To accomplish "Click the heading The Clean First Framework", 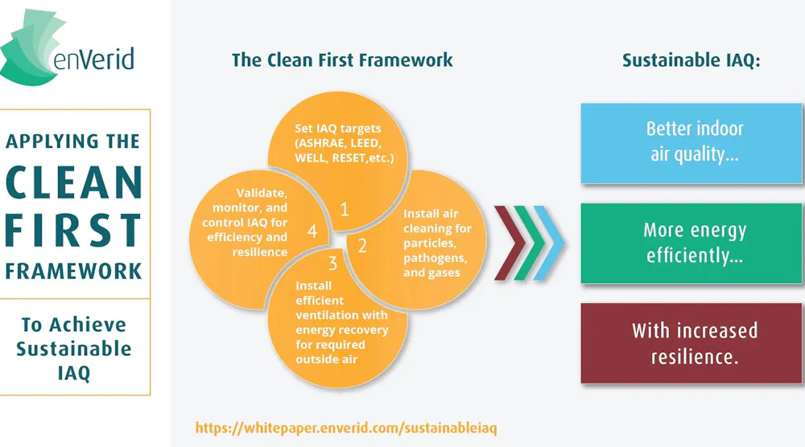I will (342, 60).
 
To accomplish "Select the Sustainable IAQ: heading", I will (691, 60).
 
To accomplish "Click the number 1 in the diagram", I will (345, 210).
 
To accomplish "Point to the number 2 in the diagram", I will (362, 246).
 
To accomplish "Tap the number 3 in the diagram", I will (332, 264).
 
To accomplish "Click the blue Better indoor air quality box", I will (691, 141).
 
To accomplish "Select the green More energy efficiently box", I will (691, 243).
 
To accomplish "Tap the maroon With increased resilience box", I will (691, 342).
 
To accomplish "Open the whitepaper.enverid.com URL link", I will (346, 428).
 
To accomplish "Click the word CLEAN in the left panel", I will (74, 183).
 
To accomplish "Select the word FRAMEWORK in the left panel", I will (74, 271).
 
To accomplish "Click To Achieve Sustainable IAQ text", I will (74, 348).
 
